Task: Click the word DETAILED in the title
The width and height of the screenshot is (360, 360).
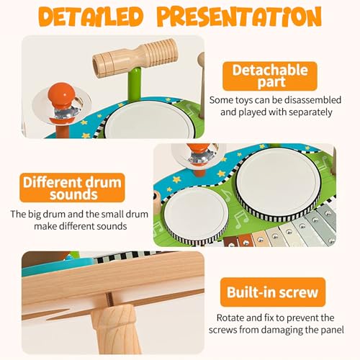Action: pos(91,17)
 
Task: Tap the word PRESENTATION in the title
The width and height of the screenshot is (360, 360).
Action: pos(240,17)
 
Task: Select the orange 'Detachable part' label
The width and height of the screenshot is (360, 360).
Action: pos(270,76)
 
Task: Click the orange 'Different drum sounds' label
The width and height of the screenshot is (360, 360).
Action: pos(72,188)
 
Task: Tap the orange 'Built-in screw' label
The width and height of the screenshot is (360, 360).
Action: pos(273,292)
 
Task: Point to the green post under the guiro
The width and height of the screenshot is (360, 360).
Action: pos(134,84)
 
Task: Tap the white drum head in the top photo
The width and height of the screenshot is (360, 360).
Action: pos(149,120)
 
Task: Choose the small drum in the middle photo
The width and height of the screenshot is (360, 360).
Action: pos(194,215)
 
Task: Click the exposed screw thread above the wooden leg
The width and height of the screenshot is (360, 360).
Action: pos(110,299)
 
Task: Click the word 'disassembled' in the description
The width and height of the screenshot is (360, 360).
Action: pos(312,100)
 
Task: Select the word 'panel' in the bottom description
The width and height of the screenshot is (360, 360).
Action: pos(332,330)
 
